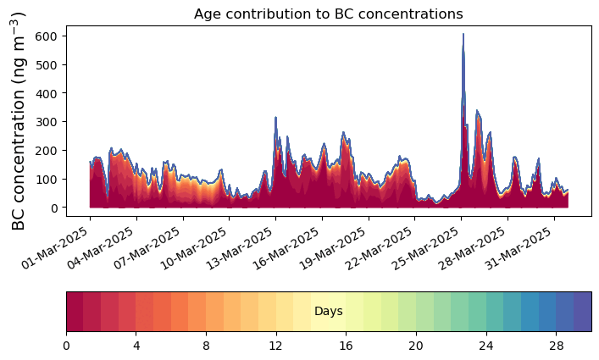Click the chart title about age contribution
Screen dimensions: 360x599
coord(328,14)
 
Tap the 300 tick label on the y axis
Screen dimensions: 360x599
coord(48,122)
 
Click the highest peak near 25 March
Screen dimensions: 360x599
coord(463,35)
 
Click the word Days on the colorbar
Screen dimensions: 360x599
coord(328,312)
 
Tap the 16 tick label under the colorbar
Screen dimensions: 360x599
coord(346,346)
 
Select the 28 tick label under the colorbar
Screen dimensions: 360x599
coord(555,346)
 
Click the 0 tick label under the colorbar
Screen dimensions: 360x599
coord(66,346)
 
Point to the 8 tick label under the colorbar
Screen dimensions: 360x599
coord(206,346)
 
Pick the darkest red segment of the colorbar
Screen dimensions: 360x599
coord(75,312)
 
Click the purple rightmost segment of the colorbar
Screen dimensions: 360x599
coord(582,312)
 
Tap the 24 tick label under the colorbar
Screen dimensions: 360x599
coord(485,346)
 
